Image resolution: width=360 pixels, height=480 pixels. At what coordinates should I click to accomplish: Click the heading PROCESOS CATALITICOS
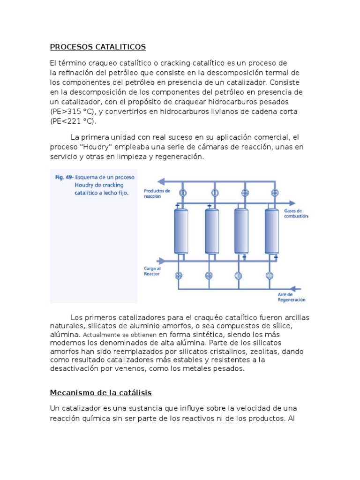[98, 47]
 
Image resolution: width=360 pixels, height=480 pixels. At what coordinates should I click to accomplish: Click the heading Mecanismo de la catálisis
[101, 392]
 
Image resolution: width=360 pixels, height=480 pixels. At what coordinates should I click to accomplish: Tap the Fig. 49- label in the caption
[64, 178]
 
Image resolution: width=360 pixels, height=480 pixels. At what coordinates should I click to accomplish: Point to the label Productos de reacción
[157, 194]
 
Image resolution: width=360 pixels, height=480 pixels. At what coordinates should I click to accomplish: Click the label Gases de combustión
[296, 214]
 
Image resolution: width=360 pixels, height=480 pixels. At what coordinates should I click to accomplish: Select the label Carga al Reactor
[152, 271]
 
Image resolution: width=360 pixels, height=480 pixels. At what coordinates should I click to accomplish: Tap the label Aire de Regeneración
[291, 297]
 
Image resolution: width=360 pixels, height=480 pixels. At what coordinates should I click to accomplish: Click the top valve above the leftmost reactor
[184, 193]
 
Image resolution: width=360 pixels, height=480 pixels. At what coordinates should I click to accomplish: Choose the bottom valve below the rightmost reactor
[270, 275]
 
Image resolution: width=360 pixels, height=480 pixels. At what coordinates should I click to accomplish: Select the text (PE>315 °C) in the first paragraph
[72, 112]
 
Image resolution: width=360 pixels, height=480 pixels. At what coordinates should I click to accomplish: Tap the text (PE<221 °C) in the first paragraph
[72, 121]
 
